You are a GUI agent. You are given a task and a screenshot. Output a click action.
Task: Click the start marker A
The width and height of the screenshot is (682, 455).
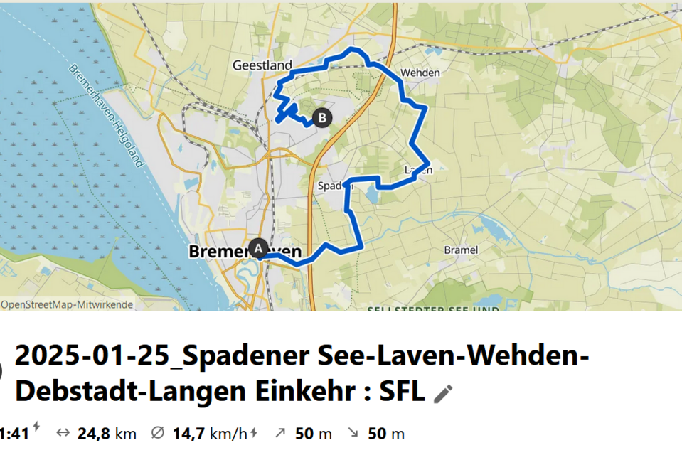tap(258, 247)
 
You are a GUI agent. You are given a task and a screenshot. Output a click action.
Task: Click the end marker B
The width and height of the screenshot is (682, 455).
tap(323, 117)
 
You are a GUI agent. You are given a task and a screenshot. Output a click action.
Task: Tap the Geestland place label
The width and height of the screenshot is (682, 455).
tap(254, 65)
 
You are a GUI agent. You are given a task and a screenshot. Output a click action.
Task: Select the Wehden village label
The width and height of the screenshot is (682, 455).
tap(420, 73)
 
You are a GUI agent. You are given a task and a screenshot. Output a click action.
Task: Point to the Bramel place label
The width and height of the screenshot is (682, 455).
tap(461, 250)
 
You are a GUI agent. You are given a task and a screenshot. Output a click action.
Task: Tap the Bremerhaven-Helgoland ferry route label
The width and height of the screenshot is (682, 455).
tap(107, 116)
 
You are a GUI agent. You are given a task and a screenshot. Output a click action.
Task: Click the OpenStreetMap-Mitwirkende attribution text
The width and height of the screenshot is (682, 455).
tap(67, 304)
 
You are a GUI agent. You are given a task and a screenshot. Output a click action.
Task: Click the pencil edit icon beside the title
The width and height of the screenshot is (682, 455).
tap(443, 393)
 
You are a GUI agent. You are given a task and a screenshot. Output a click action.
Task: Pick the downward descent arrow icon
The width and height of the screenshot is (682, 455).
tap(352, 434)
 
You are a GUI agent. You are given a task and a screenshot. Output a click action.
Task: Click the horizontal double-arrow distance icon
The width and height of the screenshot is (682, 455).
tap(63, 434)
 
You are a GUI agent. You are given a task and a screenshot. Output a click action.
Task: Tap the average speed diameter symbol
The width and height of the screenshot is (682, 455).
tap(158, 434)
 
